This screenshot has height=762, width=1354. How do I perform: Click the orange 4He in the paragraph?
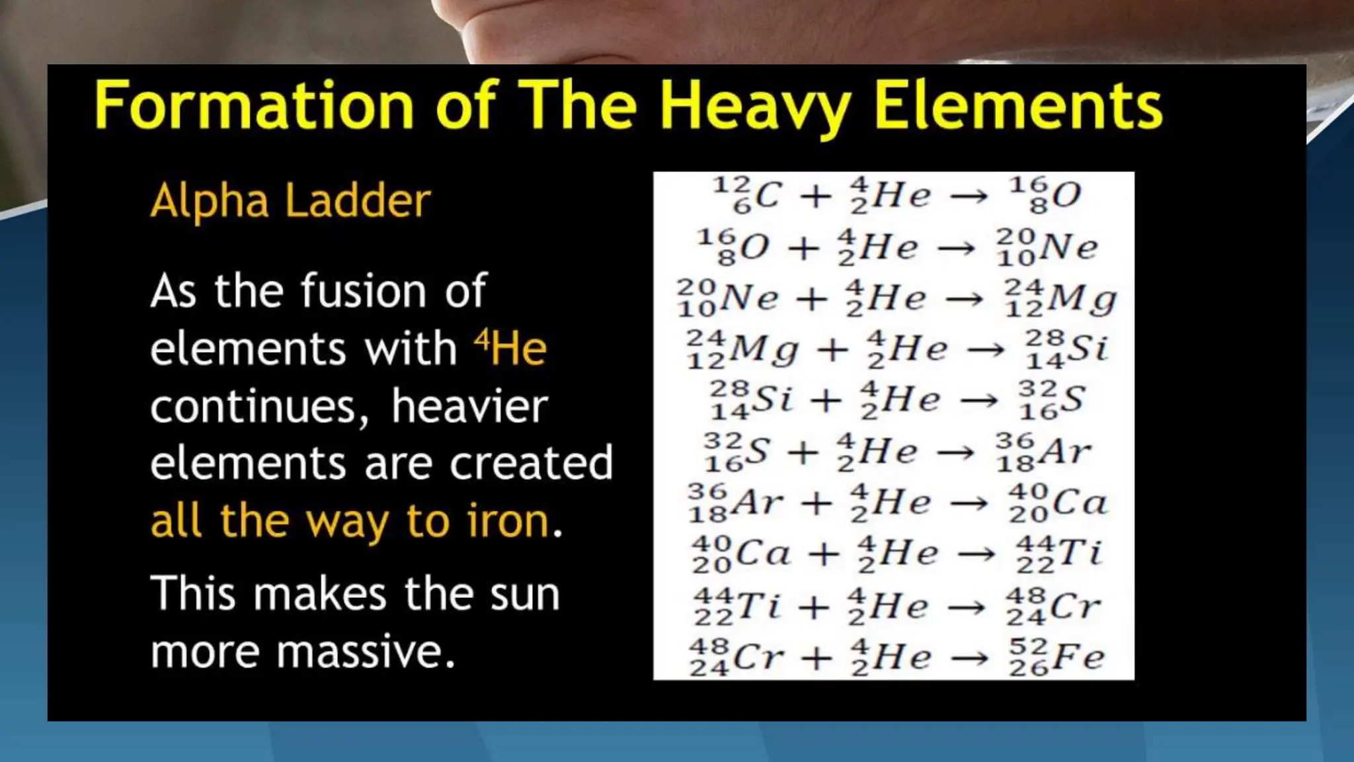[x=510, y=348]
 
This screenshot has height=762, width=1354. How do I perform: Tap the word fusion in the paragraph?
[x=364, y=291]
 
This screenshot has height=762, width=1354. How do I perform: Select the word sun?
[x=524, y=593]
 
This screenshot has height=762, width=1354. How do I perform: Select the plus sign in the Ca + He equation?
[x=824, y=554]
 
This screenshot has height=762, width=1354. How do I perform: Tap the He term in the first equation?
[x=891, y=195]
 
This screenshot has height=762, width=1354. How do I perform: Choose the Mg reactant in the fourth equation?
[x=742, y=349]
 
